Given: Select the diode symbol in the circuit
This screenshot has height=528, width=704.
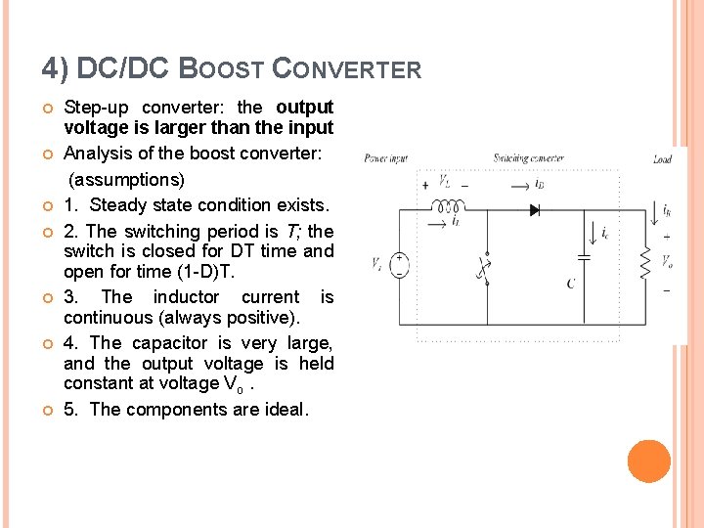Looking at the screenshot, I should pyautogui.click(x=535, y=209).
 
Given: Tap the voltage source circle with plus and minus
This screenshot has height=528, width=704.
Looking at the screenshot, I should pyautogui.click(x=401, y=265).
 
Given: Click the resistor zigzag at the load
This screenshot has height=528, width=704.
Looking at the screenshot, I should pyautogui.click(x=643, y=263).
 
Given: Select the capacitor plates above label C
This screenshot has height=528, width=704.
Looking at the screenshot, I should pyautogui.click(x=584, y=258).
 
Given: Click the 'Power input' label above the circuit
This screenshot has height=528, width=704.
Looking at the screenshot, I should pyautogui.click(x=386, y=158).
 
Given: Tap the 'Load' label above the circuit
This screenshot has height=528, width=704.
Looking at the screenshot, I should pyautogui.click(x=662, y=158).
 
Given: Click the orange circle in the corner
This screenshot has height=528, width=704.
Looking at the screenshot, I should pyautogui.click(x=648, y=462).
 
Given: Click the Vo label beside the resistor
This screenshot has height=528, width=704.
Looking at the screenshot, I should pyautogui.click(x=667, y=262).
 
